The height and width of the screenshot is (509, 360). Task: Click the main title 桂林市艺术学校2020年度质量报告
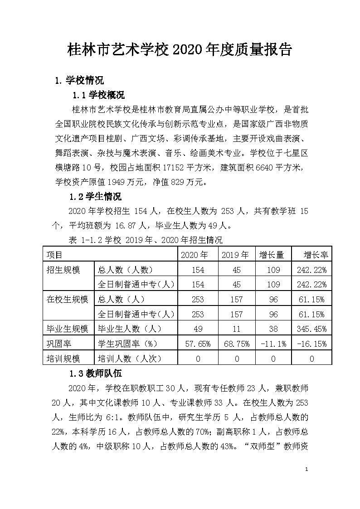[180, 49]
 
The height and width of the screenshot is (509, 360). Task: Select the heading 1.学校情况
[79, 81]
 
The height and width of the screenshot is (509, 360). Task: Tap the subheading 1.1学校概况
[99, 95]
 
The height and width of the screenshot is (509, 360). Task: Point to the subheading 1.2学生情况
[95, 197]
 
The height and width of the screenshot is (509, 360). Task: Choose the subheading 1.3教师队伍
[95, 374]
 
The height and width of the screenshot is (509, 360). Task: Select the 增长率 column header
[311, 255]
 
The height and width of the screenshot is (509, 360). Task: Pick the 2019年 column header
[235, 255]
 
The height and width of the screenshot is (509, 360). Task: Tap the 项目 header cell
[55, 255]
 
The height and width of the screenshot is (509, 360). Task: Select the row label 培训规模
[64, 359]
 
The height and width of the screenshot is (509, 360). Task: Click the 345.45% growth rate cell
[311, 329]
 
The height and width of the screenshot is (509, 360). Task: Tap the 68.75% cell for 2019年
[235, 344]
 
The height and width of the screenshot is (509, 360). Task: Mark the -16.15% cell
[311, 344]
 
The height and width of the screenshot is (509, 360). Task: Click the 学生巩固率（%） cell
[128, 344]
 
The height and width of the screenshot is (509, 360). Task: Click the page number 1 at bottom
[307, 469]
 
